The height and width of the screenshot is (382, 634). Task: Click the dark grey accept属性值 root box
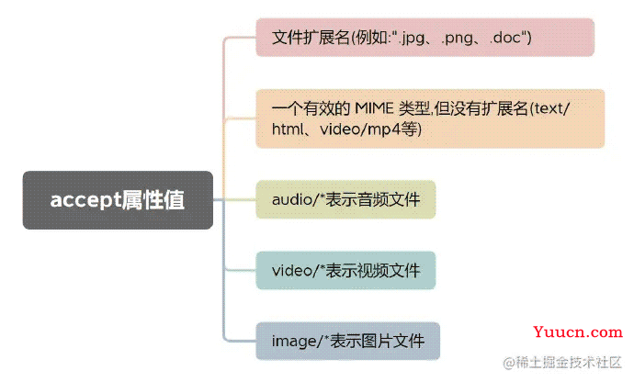pyautogui.click(x=118, y=200)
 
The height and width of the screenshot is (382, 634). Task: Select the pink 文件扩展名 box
pyautogui.click(x=425, y=37)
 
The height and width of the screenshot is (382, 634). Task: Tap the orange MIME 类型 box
pyautogui.click(x=430, y=118)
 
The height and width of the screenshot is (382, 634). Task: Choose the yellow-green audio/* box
pyautogui.click(x=345, y=199)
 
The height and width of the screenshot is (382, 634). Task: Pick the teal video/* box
pyautogui.click(x=345, y=271)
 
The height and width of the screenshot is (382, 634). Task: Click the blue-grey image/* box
pyautogui.click(x=347, y=342)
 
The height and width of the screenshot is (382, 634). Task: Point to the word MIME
pyautogui.click(x=374, y=108)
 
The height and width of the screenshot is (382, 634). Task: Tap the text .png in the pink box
pyautogui.click(x=458, y=39)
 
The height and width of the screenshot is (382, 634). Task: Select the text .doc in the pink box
pyautogui.click(x=505, y=38)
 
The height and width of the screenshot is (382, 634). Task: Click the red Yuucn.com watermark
pyautogui.click(x=578, y=331)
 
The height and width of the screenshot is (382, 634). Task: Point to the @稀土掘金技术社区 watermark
pyautogui.click(x=562, y=362)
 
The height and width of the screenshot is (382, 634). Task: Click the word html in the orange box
pyautogui.click(x=288, y=129)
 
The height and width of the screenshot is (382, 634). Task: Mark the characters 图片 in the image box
pyautogui.click(x=378, y=342)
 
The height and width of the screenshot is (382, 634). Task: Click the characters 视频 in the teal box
pyautogui.click(x=373, y=271)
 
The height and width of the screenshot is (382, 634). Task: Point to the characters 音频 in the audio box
pyautogui.click(x=373, y=199)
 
